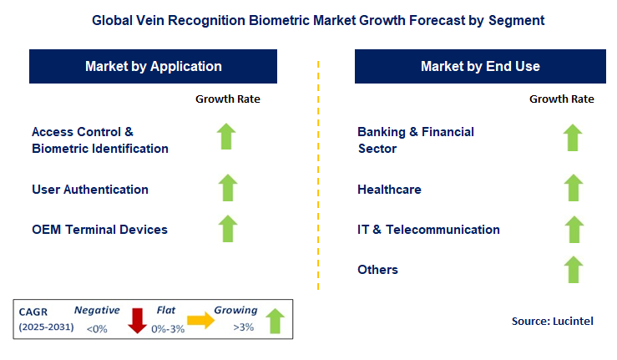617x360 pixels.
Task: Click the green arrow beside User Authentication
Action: point(228,188)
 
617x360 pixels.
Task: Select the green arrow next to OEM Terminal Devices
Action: point(228,229)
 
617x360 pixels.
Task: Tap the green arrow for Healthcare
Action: point(574,188)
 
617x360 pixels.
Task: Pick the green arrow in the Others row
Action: point(574,270)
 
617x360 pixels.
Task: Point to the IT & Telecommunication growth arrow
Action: point(574,229)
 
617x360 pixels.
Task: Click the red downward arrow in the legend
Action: point(137,321)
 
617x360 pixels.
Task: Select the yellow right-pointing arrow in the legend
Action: point(200,320)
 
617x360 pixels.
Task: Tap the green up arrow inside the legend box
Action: point(275,321)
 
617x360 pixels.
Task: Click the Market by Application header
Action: point(153,66)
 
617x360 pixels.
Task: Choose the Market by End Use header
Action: point(480,66)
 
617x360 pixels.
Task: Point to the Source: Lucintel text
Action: point(553,321)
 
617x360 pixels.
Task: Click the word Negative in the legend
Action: point(97,311)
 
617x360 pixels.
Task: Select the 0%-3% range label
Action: point(168,329)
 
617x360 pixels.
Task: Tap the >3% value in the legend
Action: point(244,327)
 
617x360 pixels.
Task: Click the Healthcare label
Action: point(389,190)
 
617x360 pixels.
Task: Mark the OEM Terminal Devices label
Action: point(99,230)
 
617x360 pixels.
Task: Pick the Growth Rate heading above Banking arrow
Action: point(562,99)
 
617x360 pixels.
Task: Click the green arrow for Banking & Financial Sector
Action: point(573,138)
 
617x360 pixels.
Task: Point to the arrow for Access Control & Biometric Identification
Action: point(226,137)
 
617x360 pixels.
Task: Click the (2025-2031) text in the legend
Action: point(46,327)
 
